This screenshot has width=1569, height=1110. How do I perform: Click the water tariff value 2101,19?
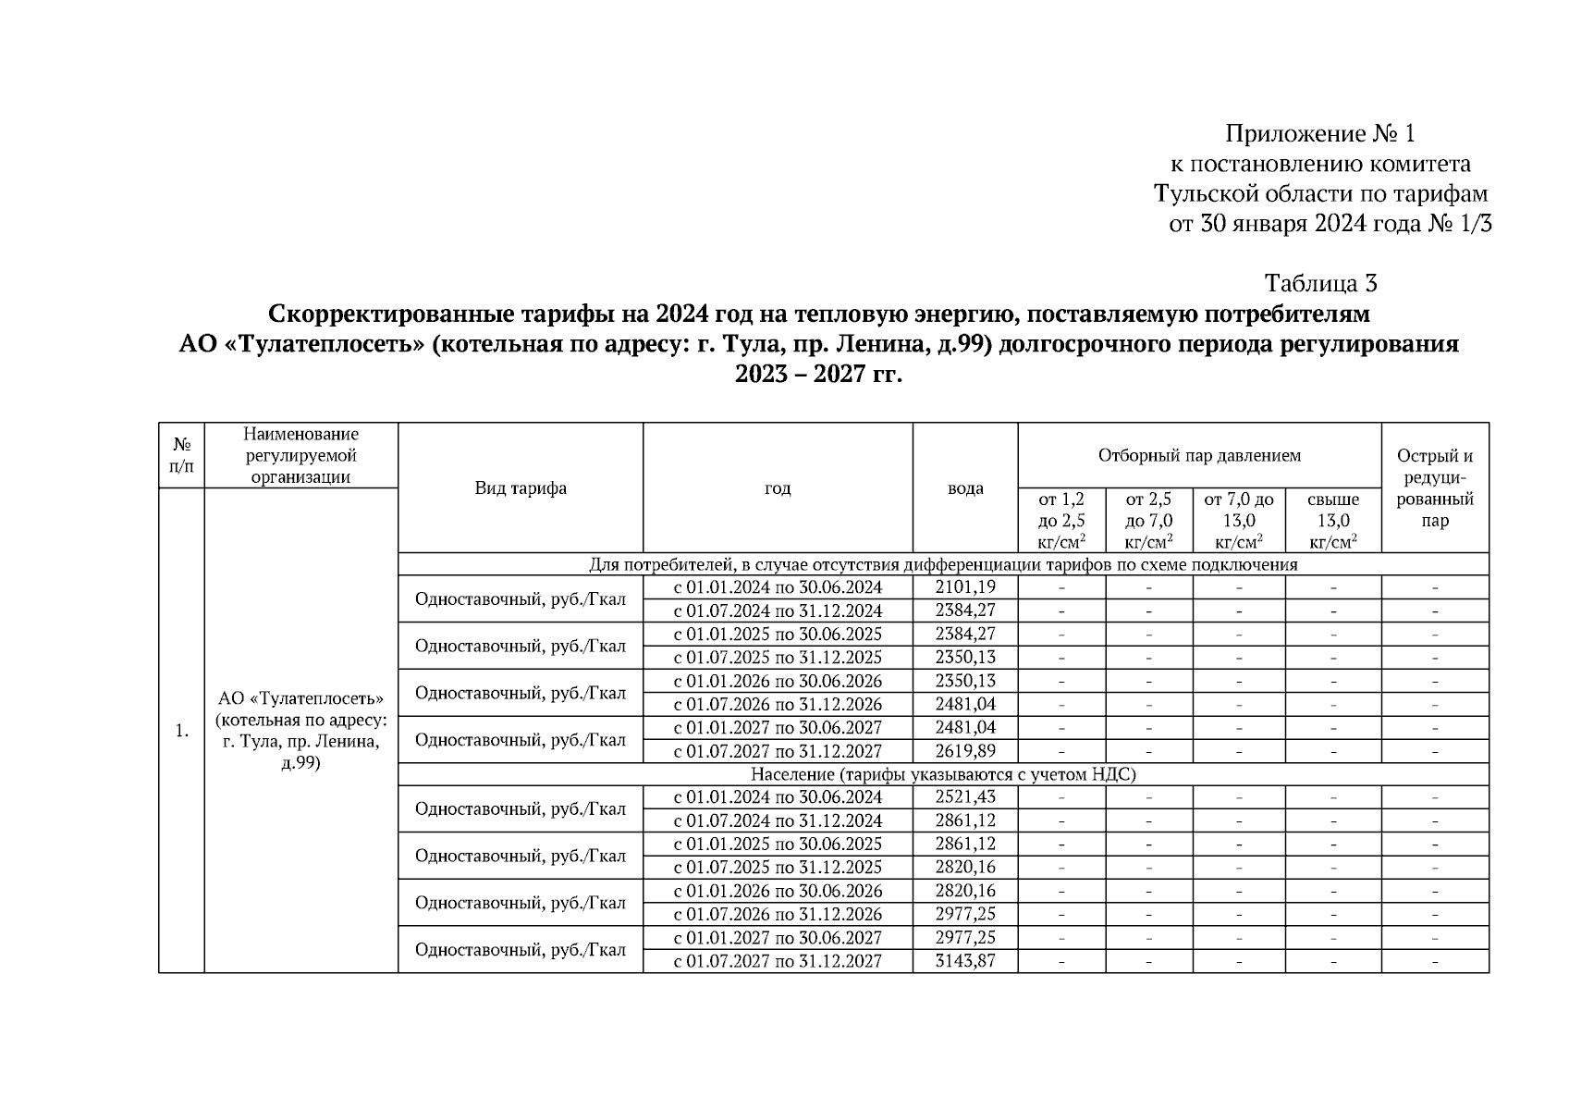coord(965,587)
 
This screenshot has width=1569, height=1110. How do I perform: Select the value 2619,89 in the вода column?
coord(965,751)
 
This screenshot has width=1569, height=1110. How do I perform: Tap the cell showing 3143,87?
coord(965,961)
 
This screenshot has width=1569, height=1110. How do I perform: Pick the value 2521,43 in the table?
coord(965,797)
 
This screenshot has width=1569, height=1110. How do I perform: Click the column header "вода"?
coord(965,488)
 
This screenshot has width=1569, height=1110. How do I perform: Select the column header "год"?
coord(778,488)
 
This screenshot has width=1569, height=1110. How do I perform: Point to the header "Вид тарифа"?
coord(521,488)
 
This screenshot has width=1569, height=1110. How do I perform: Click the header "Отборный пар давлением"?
coord(1199,455)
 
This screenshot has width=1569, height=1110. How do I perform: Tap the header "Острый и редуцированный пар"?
coord(1435,488)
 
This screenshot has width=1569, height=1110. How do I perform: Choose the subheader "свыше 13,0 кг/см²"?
coord(1333,521)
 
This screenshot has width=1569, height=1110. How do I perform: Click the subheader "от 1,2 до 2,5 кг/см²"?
coord(1061,521)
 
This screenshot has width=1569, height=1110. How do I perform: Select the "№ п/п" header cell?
coord(181,455)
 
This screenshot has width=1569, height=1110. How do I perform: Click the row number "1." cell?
coord(181,731)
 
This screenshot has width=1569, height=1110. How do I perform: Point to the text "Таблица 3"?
coord(1320,283)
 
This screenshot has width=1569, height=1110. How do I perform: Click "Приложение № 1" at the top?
coord(1320,135)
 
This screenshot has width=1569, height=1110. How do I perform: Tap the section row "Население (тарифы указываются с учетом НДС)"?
coord(943,774)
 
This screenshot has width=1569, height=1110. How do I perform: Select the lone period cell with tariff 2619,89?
coord(778,751)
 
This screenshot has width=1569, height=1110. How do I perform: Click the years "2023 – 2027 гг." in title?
coord(818,375)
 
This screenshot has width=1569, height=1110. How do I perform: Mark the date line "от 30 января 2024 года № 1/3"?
coord(1330,224)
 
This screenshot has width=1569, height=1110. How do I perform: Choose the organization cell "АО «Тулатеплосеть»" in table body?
coord(300,731)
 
